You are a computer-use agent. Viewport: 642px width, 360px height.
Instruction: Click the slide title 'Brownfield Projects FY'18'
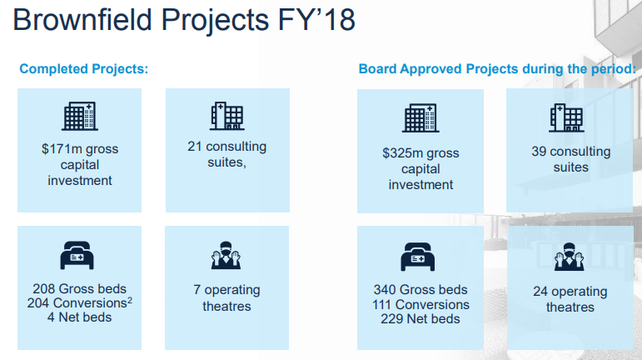pyautogui.click(x=184, y=20)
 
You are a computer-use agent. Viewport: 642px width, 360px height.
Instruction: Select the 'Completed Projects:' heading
pyautogui.click(x=84, y=69)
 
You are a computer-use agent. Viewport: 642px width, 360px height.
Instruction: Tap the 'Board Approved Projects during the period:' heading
pyautogui.click(x=497, y=69)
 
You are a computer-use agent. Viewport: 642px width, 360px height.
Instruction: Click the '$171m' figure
pyautogui.click(x=57, y=148)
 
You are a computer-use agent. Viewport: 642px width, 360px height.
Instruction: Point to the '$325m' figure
pyautogui.click(x=397, y=152)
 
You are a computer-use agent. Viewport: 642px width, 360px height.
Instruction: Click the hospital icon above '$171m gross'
pyautogui.click(x=80, y=116)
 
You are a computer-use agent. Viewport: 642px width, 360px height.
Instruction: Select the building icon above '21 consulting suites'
pyautogui.click(x=227, y=116)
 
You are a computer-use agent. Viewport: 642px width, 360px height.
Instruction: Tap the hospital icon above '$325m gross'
pyautogui.click(x=421, y=118)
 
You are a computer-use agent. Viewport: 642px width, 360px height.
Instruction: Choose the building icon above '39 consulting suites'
pyautogui.click(x=567, y=117)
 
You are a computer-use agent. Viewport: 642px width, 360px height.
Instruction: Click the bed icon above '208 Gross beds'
pyautogui.click(x=77, y=255)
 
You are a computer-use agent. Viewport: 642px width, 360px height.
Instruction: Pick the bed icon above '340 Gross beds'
pyautogui.click(x=418, y=257)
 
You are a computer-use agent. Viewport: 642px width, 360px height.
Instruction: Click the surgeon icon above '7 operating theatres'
pyautogui.click(x=226, y=255)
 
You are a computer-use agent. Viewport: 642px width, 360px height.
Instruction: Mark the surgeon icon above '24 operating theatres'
pyautogui.click(x=569, y=257)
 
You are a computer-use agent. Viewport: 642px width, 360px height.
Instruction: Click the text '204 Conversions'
pyautogui.click(x=77, y=303)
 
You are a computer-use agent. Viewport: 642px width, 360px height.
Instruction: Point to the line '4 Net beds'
pyautogui.click(x=79, y=317)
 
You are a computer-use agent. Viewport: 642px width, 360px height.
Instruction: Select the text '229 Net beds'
pyautogui.click(x=421, y=318)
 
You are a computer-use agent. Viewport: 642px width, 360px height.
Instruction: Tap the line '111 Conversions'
pyautogui.click(x=421, y=304)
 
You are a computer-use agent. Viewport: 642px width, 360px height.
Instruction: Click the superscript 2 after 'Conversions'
pyautogui.click(x=130, y=301)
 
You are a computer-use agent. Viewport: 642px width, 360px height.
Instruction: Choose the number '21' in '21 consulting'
pyautogui.click(x=195, y=146)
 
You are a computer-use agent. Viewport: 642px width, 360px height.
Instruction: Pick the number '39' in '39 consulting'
pyautogui.click(x=539, y=151)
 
